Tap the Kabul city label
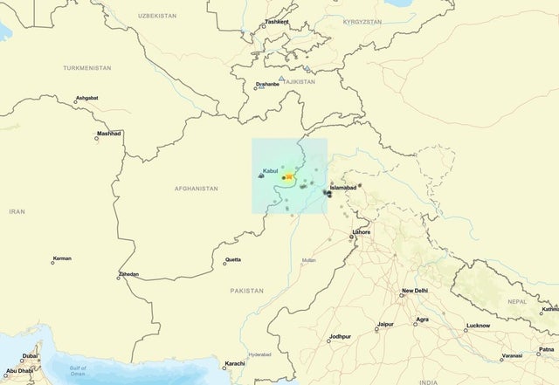271,170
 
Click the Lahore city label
361,232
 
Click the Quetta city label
232,259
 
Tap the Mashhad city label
109,133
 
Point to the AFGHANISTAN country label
197,189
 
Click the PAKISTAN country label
246,289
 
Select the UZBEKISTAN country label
157,16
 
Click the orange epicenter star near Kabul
290,176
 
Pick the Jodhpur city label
340,336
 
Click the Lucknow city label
478,325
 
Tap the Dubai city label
30,356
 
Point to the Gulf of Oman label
78,371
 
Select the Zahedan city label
128,274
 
